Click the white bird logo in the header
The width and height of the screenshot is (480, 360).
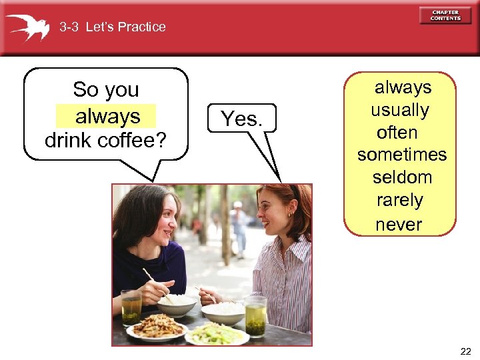pos(27,27)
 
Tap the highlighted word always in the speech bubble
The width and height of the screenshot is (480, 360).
pos(107,117)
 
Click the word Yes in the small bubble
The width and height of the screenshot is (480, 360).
pos(241,119)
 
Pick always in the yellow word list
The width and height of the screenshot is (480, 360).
pos(403,87)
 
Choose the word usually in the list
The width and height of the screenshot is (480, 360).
pos(400,110)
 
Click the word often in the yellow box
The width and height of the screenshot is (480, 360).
pos(397,132)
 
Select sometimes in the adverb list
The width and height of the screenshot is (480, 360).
pos(402,155)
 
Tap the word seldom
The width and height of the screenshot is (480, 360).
pos(402,177)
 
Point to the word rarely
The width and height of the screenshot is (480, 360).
pos(400,200)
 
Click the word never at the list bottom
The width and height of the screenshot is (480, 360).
pos(399,224)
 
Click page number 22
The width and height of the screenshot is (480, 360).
pos(464,351)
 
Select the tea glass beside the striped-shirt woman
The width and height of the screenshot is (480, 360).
pos(255,316)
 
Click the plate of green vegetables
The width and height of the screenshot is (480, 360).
pos(217,333)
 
